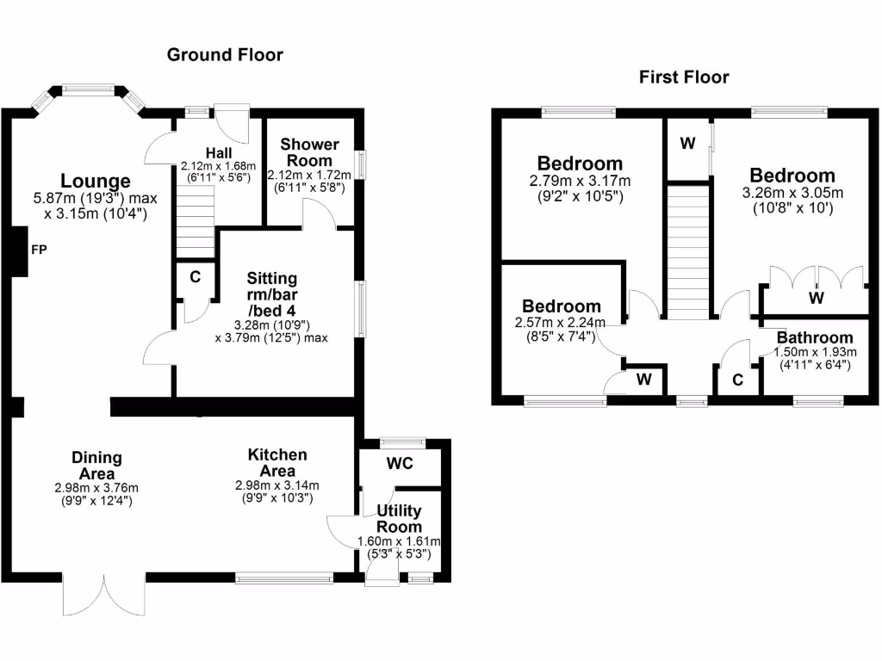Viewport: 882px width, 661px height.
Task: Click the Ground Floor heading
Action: (225, 55)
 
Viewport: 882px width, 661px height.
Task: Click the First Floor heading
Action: (684, 77)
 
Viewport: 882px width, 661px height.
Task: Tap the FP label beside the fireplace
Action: (39, 250)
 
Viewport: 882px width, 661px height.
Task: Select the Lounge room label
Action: (96, 181)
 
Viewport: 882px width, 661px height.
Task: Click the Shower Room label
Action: (309, 152)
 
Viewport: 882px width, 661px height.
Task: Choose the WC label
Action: (400, 464)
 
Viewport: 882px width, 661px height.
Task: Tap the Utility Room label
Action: (400, 519)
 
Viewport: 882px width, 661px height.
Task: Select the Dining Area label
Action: (96, 466)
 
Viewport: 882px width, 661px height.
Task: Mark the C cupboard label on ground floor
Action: (196, 277)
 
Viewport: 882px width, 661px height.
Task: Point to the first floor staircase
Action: (687, 254)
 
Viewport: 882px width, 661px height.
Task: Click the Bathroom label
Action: (814, 338)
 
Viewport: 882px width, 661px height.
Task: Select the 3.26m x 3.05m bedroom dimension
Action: (792, 194)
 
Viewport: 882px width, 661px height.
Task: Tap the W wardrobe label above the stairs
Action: (687, 144)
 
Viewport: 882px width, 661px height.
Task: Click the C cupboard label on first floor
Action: (738, 380)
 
